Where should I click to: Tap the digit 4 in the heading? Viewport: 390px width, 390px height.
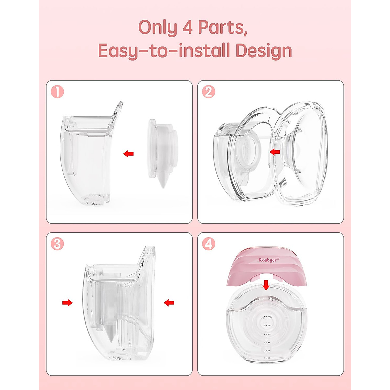coord(188,28)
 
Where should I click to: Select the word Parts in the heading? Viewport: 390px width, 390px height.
coord(222,28)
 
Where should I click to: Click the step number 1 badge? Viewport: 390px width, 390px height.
coord(57,92)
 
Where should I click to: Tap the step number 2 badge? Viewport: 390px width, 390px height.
coord(209,92)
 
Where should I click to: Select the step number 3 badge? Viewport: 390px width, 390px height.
coord(57,244)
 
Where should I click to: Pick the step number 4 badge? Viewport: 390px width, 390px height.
coord(209,244)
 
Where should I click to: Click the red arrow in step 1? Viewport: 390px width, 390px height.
coord(129,154)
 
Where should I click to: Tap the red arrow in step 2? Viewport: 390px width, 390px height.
coord(275,151)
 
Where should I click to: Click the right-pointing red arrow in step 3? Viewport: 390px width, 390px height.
coord(67,303)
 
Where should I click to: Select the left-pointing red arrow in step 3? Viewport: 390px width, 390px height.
coord(169,303)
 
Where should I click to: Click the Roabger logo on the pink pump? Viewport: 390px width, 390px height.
coord(268,260)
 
